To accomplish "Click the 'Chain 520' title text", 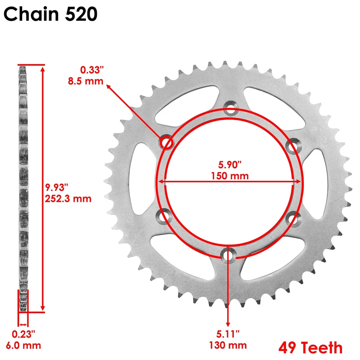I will [51, 14].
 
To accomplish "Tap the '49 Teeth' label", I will [310, 348].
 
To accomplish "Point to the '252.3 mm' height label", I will [69, 198].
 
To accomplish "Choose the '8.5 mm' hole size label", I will [85, 80].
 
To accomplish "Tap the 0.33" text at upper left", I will [91, 69].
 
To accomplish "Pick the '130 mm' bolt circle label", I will [228, 345].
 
